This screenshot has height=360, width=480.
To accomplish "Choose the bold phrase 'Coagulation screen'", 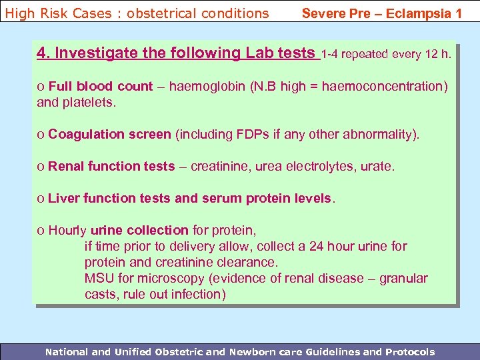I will point(109,134).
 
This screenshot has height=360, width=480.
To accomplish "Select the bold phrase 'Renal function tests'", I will point(111,166).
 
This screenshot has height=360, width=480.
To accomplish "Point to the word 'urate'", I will point(377,166).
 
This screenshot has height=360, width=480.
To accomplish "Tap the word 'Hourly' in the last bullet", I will point(67,230).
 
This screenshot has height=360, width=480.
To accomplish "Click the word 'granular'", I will point(404,278).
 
